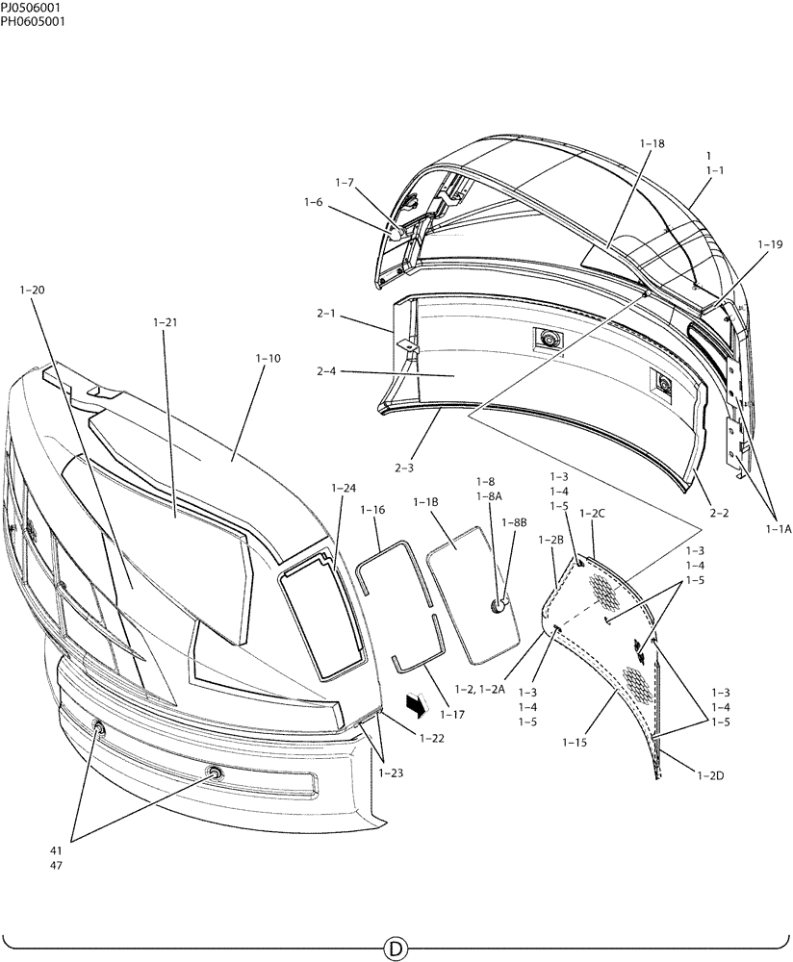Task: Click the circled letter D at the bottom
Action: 395,948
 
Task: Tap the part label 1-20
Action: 32,289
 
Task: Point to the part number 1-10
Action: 269,358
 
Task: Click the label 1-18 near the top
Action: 652,143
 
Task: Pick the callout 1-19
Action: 770,244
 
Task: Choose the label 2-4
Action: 345,182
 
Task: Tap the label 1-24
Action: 344,488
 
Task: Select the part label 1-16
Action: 373,510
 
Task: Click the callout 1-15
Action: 575,743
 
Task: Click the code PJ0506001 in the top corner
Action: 33,9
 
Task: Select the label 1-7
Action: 345,182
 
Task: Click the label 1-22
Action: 432,738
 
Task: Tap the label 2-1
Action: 326,314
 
